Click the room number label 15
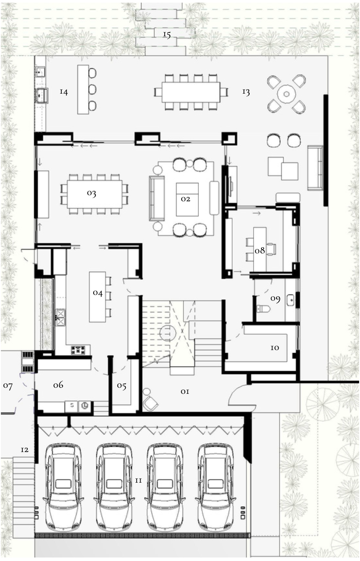point(167,35)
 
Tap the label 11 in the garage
point(139,480)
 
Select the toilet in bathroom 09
point(263,309)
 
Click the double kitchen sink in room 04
point(61,318)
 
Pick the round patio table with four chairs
point(286,95)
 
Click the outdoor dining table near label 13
point(191,92)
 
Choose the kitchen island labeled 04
point(98,297)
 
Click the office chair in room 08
point(271,249)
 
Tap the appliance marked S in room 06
point(72,407)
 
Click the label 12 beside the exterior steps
point(25,450)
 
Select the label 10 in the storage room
point(275,347)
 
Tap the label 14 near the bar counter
point(64,92)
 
